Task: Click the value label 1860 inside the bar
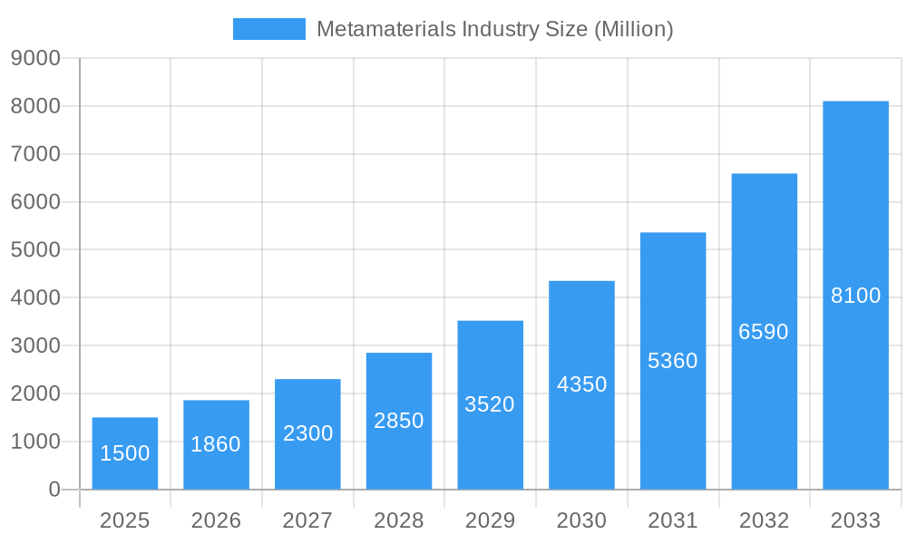[x=216, y=444]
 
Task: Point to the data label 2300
[x=307, y=433]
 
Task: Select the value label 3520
[x=490, y=404]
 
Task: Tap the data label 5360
[x=673, y=361]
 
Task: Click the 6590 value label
[x=764, y=332]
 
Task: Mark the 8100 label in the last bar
[x=855, y=296]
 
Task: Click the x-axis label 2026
[x=216, y=520]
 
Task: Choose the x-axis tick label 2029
[x=490, y=520]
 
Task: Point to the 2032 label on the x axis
[x=764, y=520]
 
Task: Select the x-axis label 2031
[x=673, y=520]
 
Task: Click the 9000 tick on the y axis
[x=34, y=59]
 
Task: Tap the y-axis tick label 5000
[x=34, y=250]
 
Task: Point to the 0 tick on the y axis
[x=54, y=490]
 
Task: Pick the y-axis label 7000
[x=34, y=154]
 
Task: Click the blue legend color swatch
[x=268, y=29]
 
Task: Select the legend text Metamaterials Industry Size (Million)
[x=494, y=29]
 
